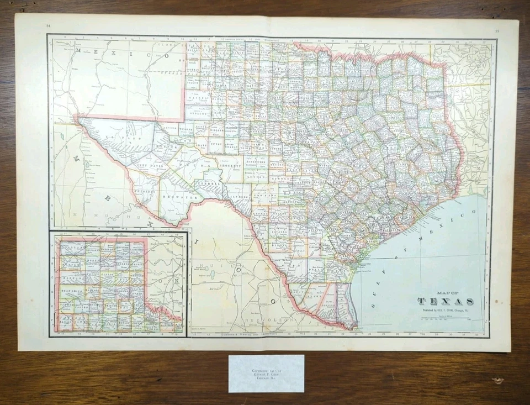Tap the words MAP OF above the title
(x=446, y=293)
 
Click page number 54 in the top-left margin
(x=49, y=25)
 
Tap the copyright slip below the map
(x=266, y=374)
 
